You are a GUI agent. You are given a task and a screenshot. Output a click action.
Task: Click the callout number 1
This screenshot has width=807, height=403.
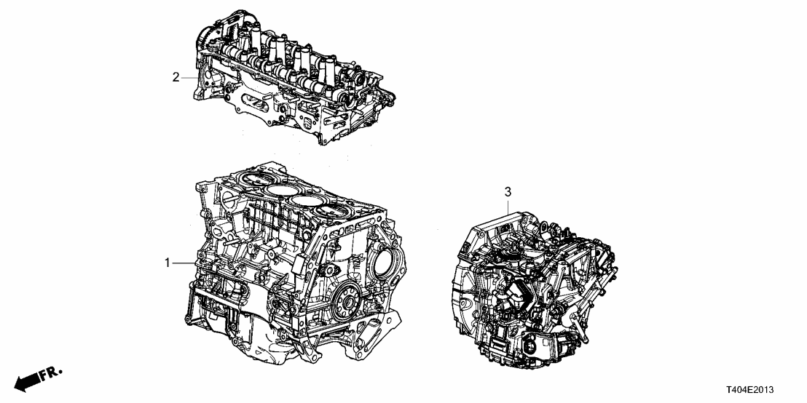[x=168, y=263]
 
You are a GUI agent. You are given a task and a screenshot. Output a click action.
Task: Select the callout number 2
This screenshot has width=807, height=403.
[x=176, y=77]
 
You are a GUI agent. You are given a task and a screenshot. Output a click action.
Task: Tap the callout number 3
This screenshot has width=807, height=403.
[x=508, y=192]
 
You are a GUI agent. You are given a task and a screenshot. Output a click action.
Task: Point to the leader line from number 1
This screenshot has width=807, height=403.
[x=184, y=263]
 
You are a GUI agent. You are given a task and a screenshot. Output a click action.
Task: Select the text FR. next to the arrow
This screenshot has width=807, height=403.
[x=50, y=374]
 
